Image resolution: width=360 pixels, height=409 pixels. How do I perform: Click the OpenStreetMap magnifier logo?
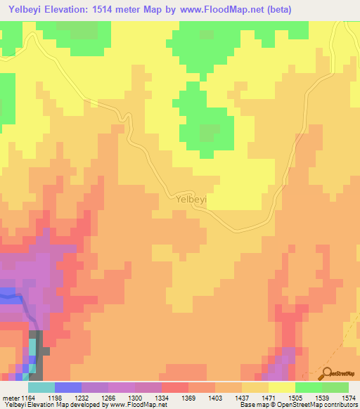327,373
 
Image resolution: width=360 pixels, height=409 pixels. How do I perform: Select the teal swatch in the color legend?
41,387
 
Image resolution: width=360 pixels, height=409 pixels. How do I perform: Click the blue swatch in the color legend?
67,387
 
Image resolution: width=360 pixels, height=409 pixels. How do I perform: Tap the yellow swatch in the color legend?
281,387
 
